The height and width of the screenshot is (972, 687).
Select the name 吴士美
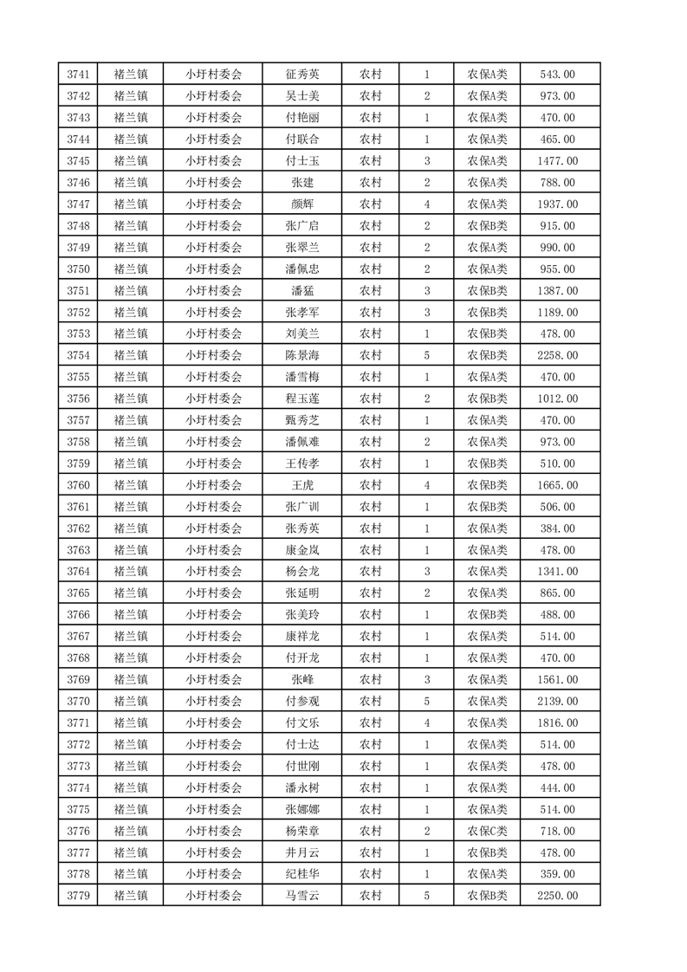[x=302, y=96]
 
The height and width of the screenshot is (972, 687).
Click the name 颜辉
[x=302, y=204]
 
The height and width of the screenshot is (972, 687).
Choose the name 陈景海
[x=302, y=355]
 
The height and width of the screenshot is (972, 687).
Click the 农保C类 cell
[x=488, y=831]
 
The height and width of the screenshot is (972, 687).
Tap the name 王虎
[x=302, y=485]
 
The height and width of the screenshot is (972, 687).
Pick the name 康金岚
[x=302, y=550]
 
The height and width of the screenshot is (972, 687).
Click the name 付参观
[x=302, y=701]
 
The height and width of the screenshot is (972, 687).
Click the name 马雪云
[x=302, y=896]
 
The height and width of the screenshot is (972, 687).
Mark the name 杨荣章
[x=302, y=831]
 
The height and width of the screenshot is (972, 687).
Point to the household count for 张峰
[x=427, y=679]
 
